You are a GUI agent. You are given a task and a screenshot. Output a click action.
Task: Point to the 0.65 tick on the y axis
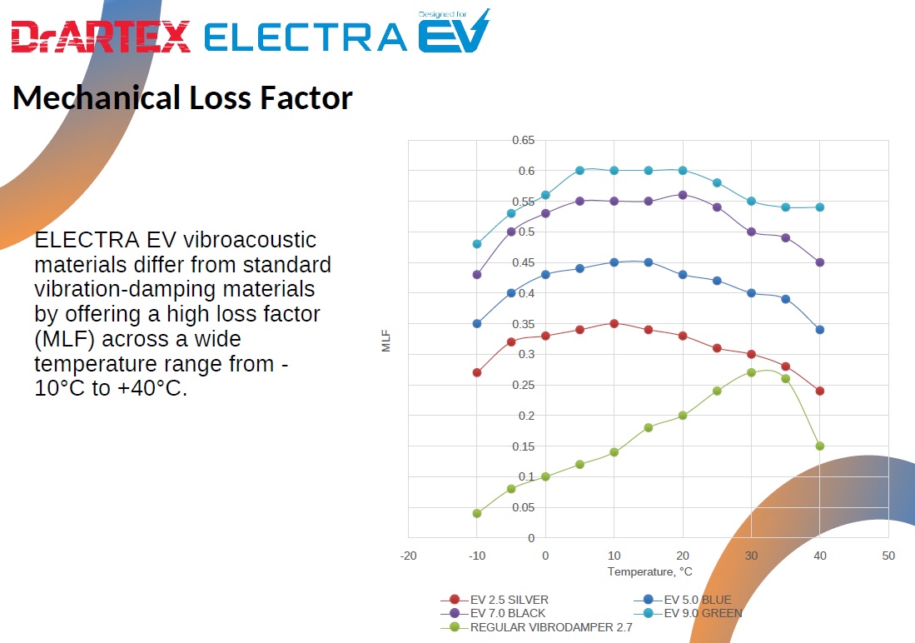(x=523, y=140)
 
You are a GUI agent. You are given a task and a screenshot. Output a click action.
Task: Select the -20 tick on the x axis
(x=408, y=556)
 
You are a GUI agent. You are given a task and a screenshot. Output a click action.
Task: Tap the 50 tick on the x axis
(x=888, y=556)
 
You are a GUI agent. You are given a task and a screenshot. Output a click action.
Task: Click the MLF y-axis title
(x=386, y=341)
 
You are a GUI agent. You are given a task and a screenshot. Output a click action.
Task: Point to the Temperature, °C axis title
(x=649, y=572)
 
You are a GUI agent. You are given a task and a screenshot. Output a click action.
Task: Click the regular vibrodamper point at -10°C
(x=477, y=513)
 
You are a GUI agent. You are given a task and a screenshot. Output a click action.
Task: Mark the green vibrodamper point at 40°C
(x=820, y=446)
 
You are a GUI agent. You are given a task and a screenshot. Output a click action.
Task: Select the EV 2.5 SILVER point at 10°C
(x=614, y=323)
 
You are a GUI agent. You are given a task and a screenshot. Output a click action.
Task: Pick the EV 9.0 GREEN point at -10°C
(x=477, y=244)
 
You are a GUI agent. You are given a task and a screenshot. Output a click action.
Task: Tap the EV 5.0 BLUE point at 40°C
(x=820, y=330)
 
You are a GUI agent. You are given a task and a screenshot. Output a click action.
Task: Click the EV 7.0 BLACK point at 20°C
(x=683, y=195)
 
